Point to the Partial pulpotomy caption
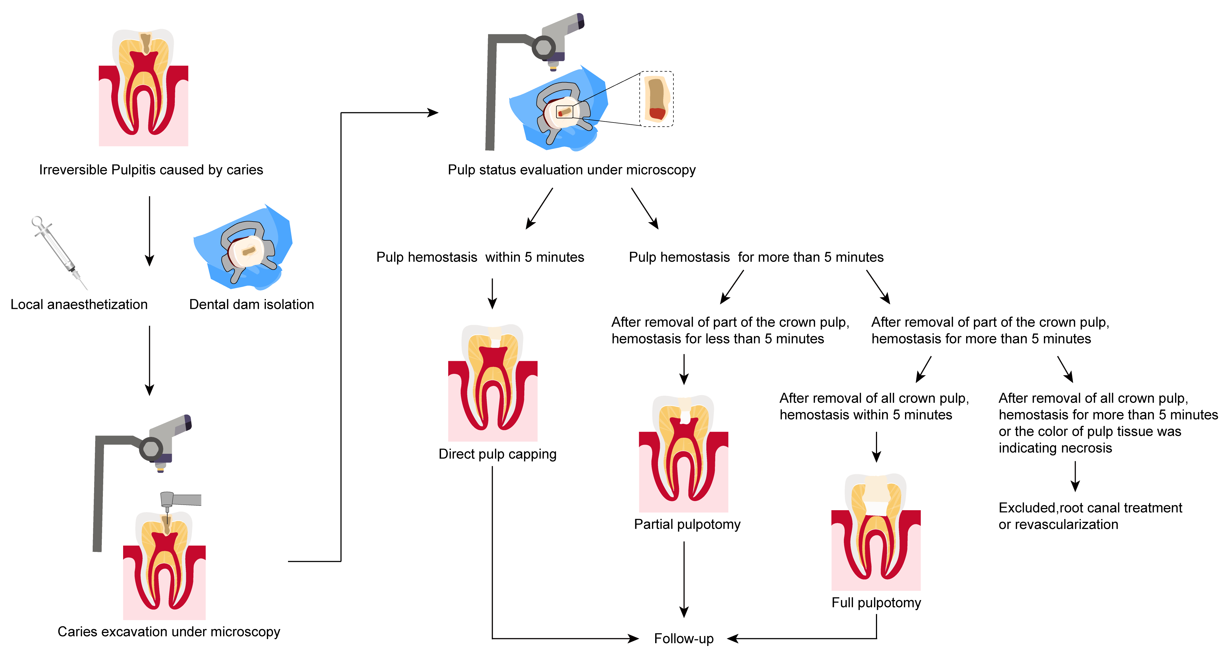coord(687,524)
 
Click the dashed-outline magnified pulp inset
coord(656,99)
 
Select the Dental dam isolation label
coord(251,304)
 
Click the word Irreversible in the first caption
coord(73,170)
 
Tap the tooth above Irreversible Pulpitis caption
coord(144,88)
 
